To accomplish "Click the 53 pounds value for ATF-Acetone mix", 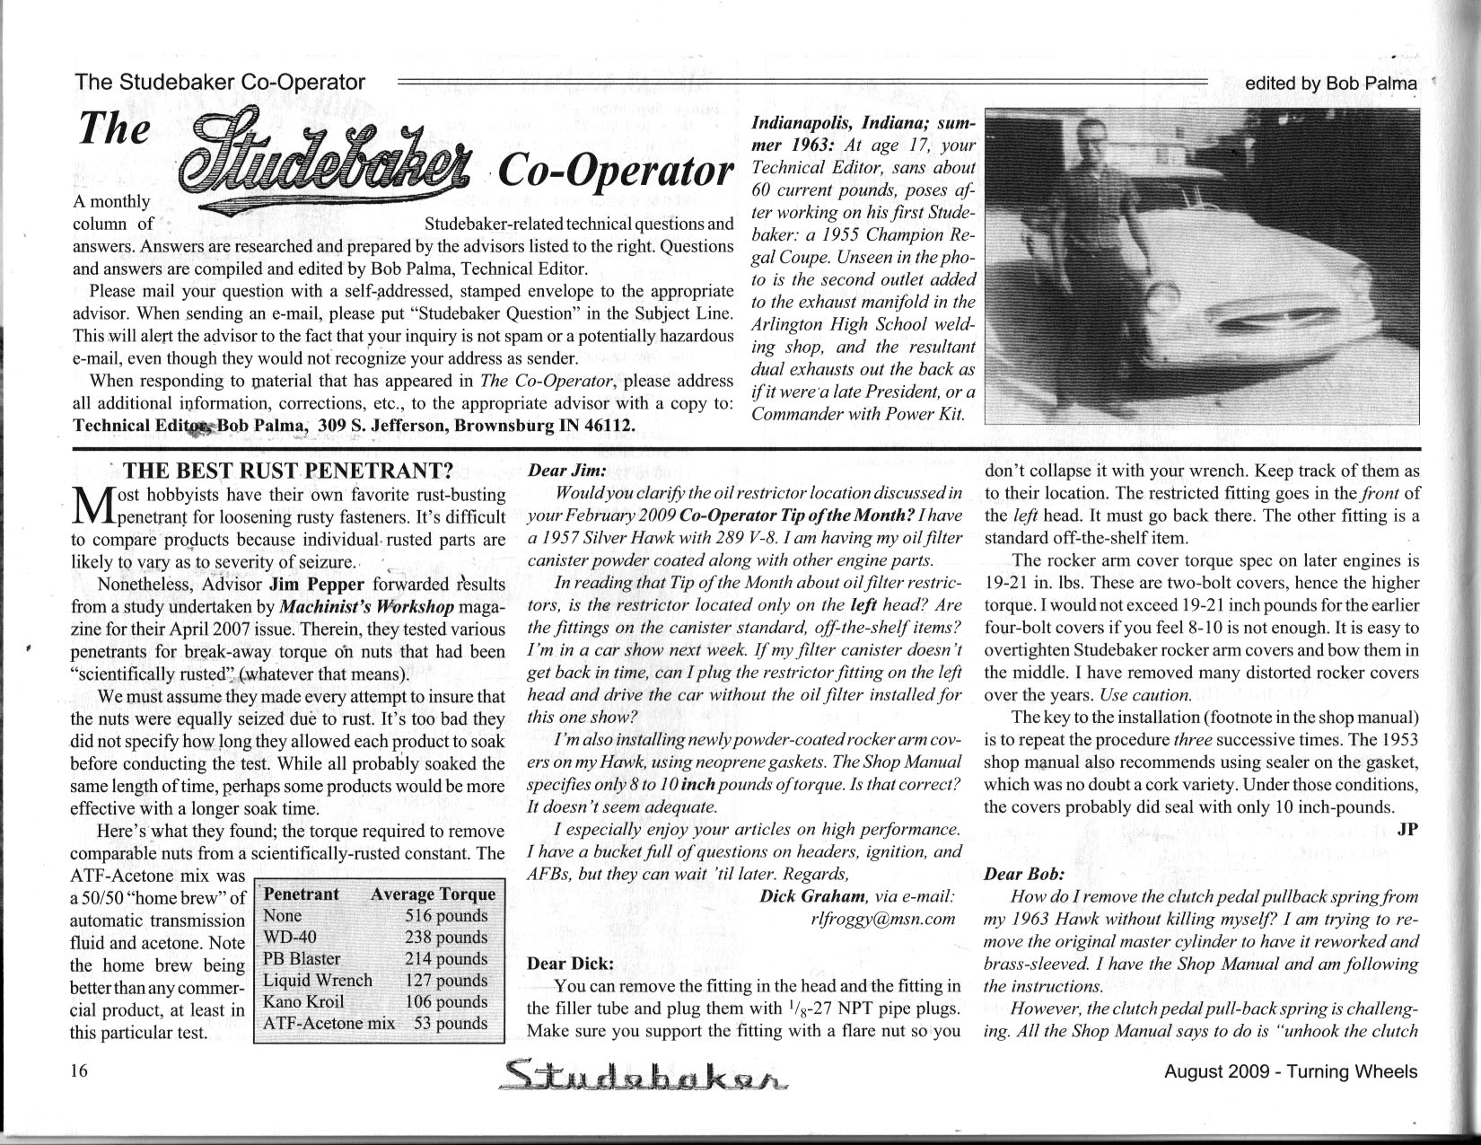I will pos(451,1023).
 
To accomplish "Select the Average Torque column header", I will pos(433,894).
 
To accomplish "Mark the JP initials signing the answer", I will pos(1407,829).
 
